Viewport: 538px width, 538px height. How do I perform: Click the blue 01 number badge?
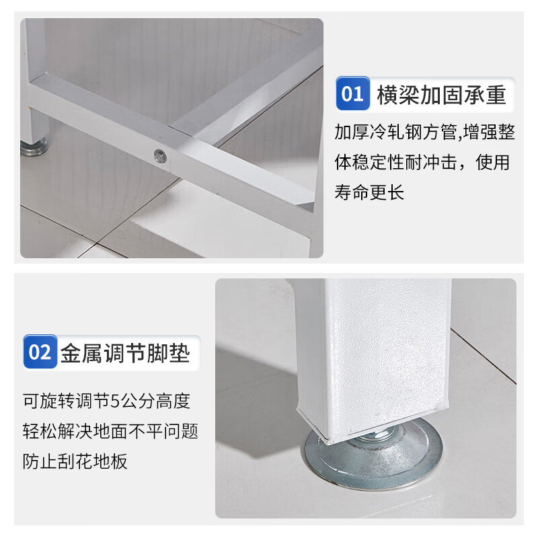click(352, 93)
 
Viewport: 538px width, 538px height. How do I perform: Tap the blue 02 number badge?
click(40, 352)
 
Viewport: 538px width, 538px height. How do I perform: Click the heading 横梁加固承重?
click(441, 94)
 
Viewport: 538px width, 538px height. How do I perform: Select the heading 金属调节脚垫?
click(125, 352)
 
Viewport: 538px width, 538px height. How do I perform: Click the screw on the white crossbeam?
click(159, 155)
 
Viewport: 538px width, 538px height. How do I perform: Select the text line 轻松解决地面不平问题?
click(110, 431)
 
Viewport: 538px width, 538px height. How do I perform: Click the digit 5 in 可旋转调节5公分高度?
click(114, 401)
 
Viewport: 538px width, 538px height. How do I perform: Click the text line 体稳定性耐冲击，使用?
click(422, 163)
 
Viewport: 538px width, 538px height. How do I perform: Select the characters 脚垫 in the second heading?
click(171, 352)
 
